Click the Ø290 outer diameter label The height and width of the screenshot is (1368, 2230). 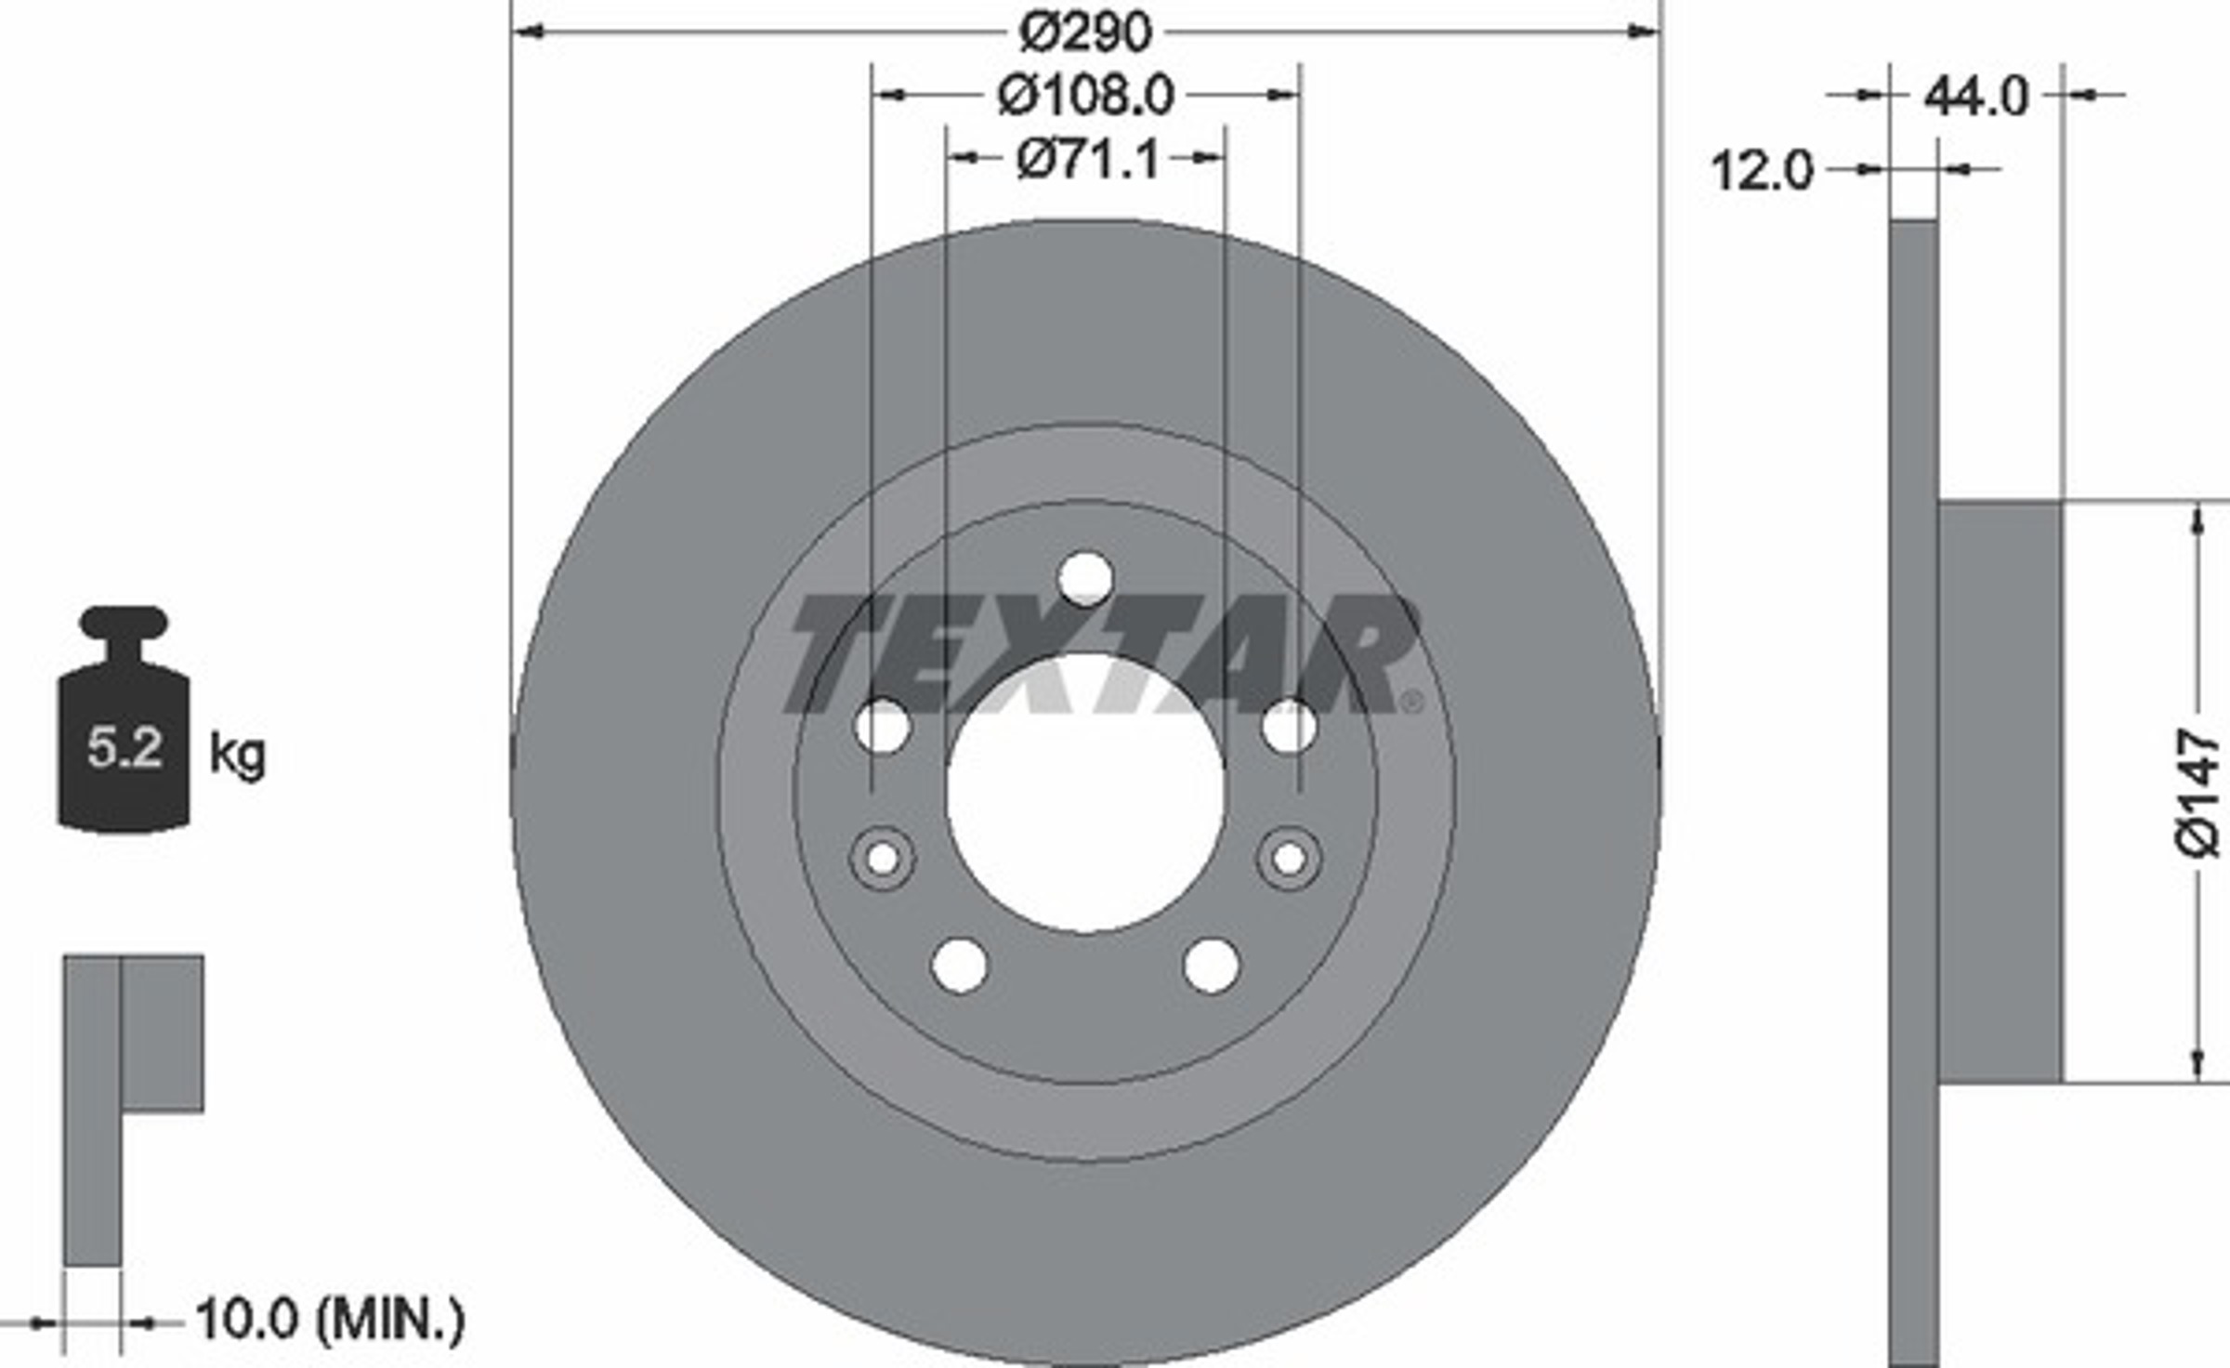point(1085,32)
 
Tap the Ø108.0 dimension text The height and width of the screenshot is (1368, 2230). point(1086,96)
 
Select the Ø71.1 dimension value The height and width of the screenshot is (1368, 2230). point(1087,159)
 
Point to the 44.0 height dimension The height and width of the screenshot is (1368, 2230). point(1975,96)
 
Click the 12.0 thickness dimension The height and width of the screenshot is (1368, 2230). point(1762,171)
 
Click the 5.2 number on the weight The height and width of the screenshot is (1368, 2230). point(125,746)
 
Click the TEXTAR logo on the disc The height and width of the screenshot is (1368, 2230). point(1103,655)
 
